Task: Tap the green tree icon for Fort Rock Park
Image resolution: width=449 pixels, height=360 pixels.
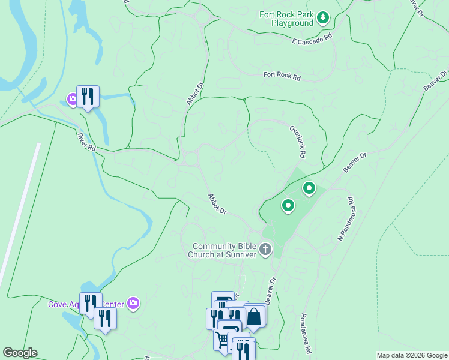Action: pyautogui.click(x=324, y=18)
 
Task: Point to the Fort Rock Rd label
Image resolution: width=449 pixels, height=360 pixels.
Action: pyautogui.click(x=282, y=75)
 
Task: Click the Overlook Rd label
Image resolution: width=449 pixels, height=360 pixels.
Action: pyautogui.click(x=298, y=142)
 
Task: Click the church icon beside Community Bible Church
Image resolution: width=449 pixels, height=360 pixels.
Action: pyautogui.click(x=265, y=249)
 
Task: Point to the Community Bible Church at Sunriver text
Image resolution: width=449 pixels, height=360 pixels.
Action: pyautogui.click(x=224, y=250)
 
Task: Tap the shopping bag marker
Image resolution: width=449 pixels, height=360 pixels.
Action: pyautogui.click(x=254, y=316)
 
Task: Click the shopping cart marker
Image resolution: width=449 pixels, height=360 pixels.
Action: pyautogui.click(x=223, y=340)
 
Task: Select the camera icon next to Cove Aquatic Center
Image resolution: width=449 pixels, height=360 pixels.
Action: pyautogui.click(x=133, y=304)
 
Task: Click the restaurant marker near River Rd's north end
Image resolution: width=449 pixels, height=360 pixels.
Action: pyautogui.click(x=88, y=96)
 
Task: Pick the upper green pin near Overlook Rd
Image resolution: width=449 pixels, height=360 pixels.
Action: pyautogui.click(x=309, y=189)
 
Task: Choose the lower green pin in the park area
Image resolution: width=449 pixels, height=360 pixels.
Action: pyautogui.click(x=288, y=206)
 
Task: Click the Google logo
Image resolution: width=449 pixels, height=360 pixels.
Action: pyautogui.click(x=20, y=353)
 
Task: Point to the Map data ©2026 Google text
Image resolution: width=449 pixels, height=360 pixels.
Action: pyautogui.click(x=412, y=355)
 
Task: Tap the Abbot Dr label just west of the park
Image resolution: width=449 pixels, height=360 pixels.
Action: pyautogui.click(x=217, y=204)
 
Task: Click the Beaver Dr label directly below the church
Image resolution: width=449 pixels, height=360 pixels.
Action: pyautogui.click(x=271, y=289)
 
